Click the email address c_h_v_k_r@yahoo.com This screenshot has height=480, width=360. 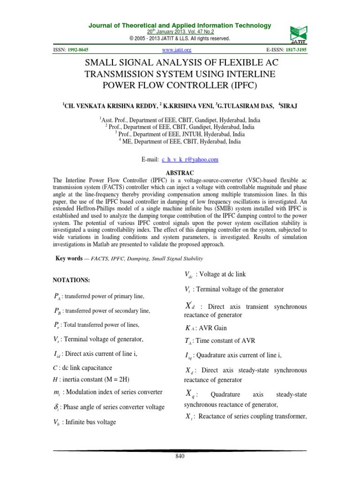point(190,159)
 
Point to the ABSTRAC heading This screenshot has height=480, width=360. point(180,172)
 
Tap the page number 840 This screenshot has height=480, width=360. point(180,457)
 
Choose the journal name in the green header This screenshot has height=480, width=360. point(180,25)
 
